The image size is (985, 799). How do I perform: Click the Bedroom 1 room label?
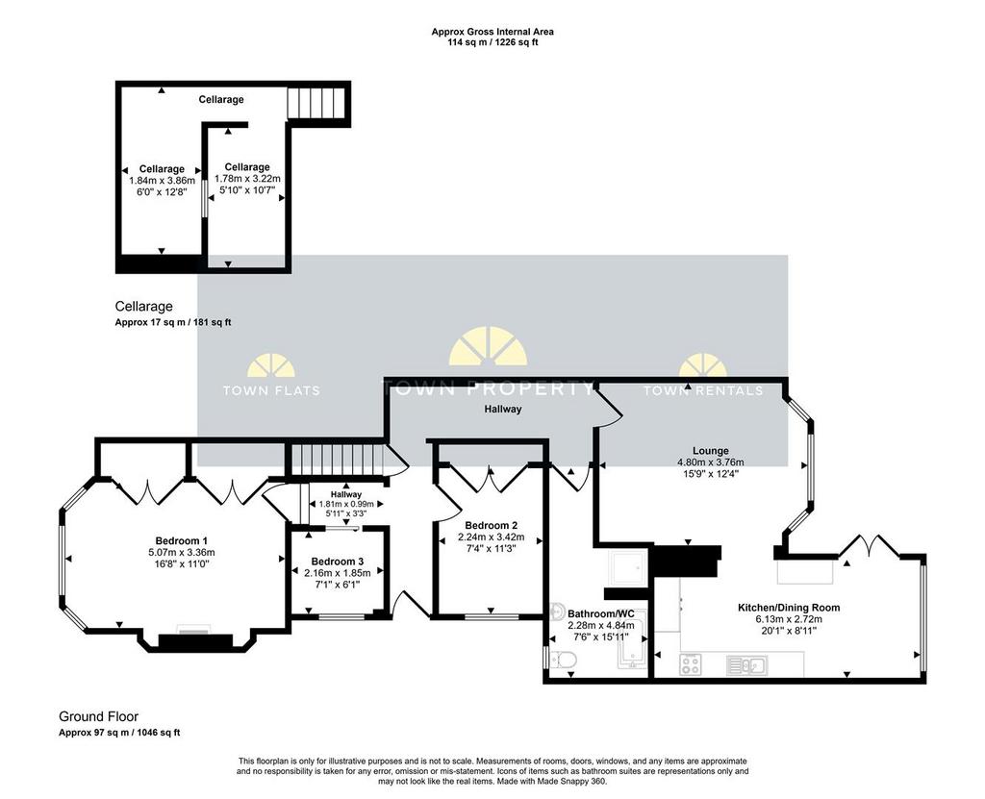(x=182, y=540)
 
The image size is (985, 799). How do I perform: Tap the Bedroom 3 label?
(x=338, y=562)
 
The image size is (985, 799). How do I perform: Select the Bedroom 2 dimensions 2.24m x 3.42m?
(x=492, y=537)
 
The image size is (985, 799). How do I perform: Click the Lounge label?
(x=711, y=451)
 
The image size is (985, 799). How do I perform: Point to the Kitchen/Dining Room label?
(x=789, y=608)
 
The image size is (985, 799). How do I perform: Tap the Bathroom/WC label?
(x=601, y=613)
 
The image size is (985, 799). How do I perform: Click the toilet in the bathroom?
(x=561, y=661)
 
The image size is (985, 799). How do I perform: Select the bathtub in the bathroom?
(x=631, y=644)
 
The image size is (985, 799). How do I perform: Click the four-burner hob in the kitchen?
(x=691, y=664)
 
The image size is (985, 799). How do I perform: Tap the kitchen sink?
(x=745, y=664)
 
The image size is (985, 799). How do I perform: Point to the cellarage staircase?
(x=316, y=102)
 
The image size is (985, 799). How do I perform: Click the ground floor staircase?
(x=338, y=462)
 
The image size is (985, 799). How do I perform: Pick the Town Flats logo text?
(x=271, y=390)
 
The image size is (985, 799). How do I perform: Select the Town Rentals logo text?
(x=703, y=390)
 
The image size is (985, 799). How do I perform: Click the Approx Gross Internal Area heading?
(x=492, y=32)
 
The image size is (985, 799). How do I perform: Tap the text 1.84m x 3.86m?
(x=162, y=180)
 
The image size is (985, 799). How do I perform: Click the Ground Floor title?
(x=99, y=716)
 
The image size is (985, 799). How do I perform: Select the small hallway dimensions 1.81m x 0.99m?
(x=346, y=504)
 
